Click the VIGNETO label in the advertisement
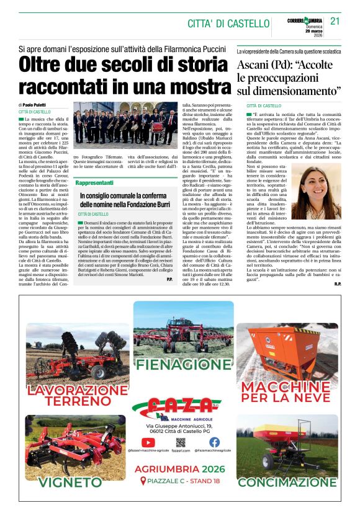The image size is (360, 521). click(61, 482)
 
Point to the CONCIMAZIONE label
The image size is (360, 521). click(287, 482)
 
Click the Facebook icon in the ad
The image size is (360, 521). click(214, 442)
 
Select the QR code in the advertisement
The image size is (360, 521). click(181, 442)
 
